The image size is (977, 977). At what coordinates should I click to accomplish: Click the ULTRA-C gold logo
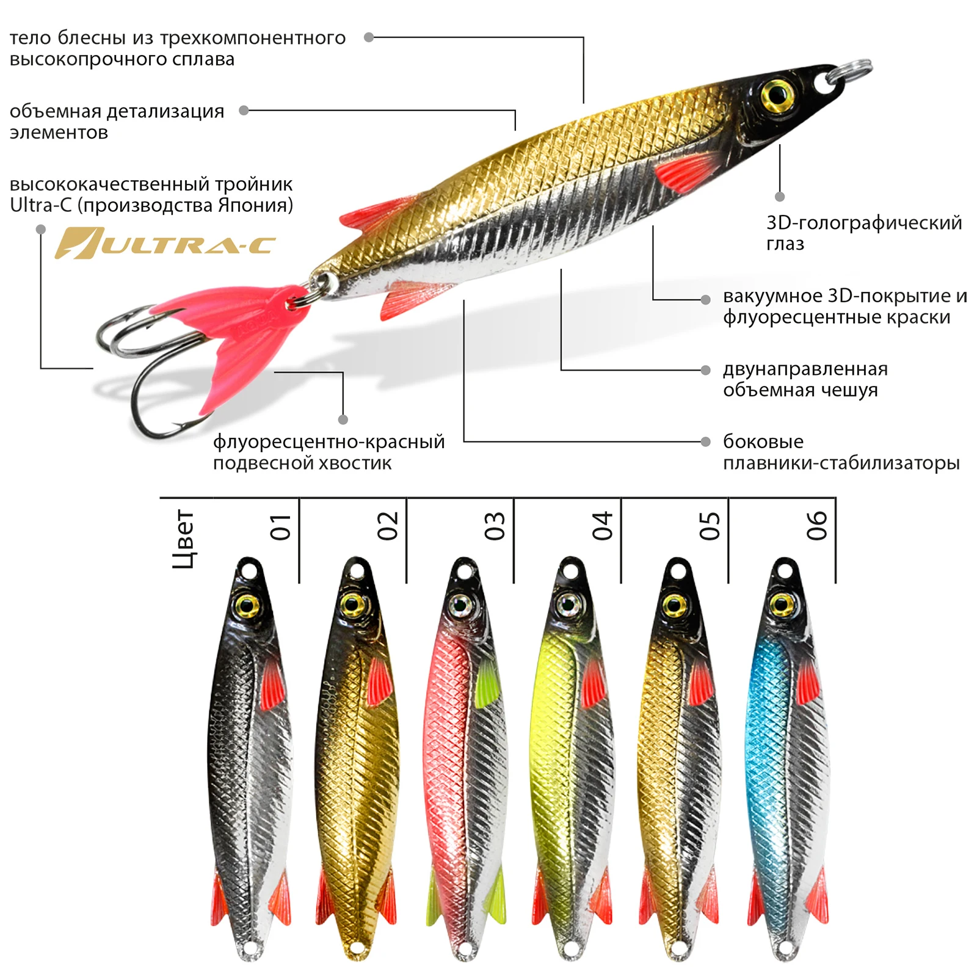point(165,244)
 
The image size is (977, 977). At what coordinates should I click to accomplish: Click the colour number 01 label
point(280,526)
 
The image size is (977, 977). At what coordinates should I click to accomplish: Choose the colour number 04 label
point(602,526)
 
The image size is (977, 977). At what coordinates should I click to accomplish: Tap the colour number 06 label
point(817,526)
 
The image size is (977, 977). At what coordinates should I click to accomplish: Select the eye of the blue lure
point(782,605)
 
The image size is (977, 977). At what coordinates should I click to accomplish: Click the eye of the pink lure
point(460,605)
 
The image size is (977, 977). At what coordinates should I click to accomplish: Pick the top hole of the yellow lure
point(570,572)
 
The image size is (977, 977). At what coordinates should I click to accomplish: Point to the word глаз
point(785,244)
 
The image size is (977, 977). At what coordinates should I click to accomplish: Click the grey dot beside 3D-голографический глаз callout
point(780,197)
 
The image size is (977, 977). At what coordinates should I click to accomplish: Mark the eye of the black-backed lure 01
point(247,605)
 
